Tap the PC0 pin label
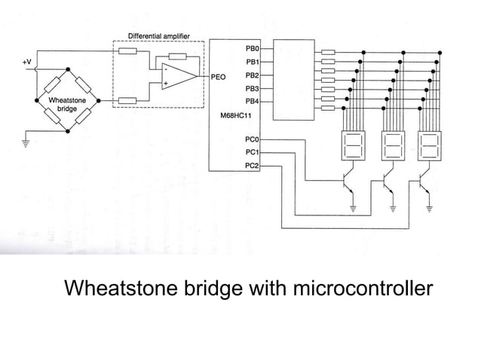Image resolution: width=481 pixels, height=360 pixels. pyautogui.click(x=253, y=139)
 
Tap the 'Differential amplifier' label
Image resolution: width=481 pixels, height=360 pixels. pyautogui.click(x=160, y=35)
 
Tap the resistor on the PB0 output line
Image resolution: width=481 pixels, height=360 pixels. pyautogui.click(x=328, y=53)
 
